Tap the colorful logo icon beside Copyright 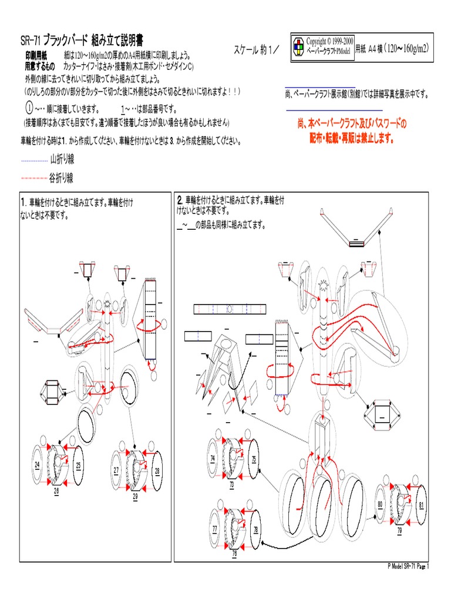pyautogui.click(x=298, y=49)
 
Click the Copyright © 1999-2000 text pyautogui.click(x=331, y=43)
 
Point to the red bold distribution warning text pyautogui.click(x=352, y=131)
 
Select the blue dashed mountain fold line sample pyautogui.click(x=34, y=160)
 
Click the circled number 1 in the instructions pyautogui.click(x=29, y=109)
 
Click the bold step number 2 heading pyautogui.click(x=180, y=200)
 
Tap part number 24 pyautogui.click(x=37, y=465)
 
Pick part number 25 pyautogui.click(x=78, y=465)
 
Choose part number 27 pyautogui.click(x=116, y=470)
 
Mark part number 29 pyautogui.click(x=135, y=497)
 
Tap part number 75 pyautogui.click(x=254, y=459)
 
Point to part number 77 pyautogui.click(x=215, y=529)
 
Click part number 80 pyautogui.click(x=381, y=504)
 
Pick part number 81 pyautogui.click(x=422, y=504)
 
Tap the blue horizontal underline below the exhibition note pyautogui.click(x=334, y=110)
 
